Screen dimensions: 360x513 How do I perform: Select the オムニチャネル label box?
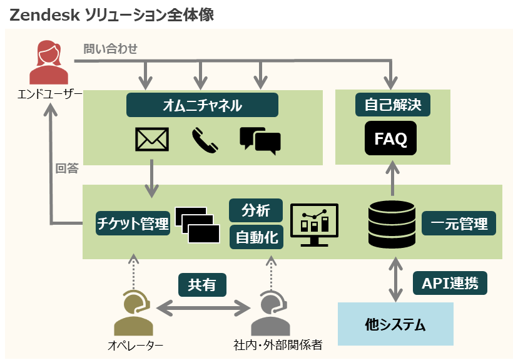tap(202, 105)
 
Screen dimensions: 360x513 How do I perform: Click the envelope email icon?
tap(152, 140)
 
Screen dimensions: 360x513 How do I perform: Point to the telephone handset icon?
tap(205, 140)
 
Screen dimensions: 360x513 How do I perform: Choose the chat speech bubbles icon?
tap(260, 140)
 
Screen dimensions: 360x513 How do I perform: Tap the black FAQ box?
tap(390, 138)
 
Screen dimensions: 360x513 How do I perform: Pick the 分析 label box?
tap(256, 211)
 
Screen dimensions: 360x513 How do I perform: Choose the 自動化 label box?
tap(256, 237)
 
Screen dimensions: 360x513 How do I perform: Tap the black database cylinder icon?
tap(392, 224)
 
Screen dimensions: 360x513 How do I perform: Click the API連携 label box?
tap(450, 283)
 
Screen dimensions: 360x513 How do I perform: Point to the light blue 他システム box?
tap(395, 324)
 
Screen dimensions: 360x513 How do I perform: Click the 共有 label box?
tap(202, 285)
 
